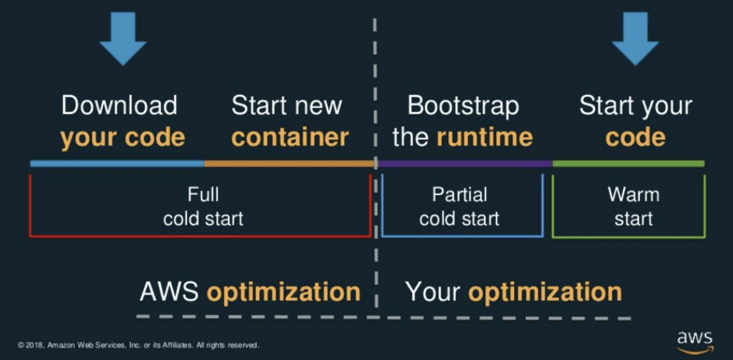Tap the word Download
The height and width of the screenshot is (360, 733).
tap(119, 105)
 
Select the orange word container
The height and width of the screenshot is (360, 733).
tap(290, 137)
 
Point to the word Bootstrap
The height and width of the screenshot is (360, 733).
tap(463, 105)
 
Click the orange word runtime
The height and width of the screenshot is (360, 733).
tap(485, 137)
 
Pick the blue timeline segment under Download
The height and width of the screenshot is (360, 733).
tap(117, 164)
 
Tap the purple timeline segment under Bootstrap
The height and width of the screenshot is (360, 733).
tap(465, 164)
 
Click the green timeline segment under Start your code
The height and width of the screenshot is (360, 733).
tap(628, 164)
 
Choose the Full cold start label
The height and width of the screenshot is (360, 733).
tap(203, 206)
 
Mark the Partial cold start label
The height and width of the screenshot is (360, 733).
tap(459, 206)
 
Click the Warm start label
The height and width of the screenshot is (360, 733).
tap(633, 206)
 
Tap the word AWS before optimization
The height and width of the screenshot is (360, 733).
tap(170, 291)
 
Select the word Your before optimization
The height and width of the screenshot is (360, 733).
tap(434, 291)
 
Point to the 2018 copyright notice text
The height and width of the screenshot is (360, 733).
tap(138, 345)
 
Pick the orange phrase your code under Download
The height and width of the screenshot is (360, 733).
tap(122, 137)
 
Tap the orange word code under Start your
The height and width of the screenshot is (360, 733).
tap(635, 137)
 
